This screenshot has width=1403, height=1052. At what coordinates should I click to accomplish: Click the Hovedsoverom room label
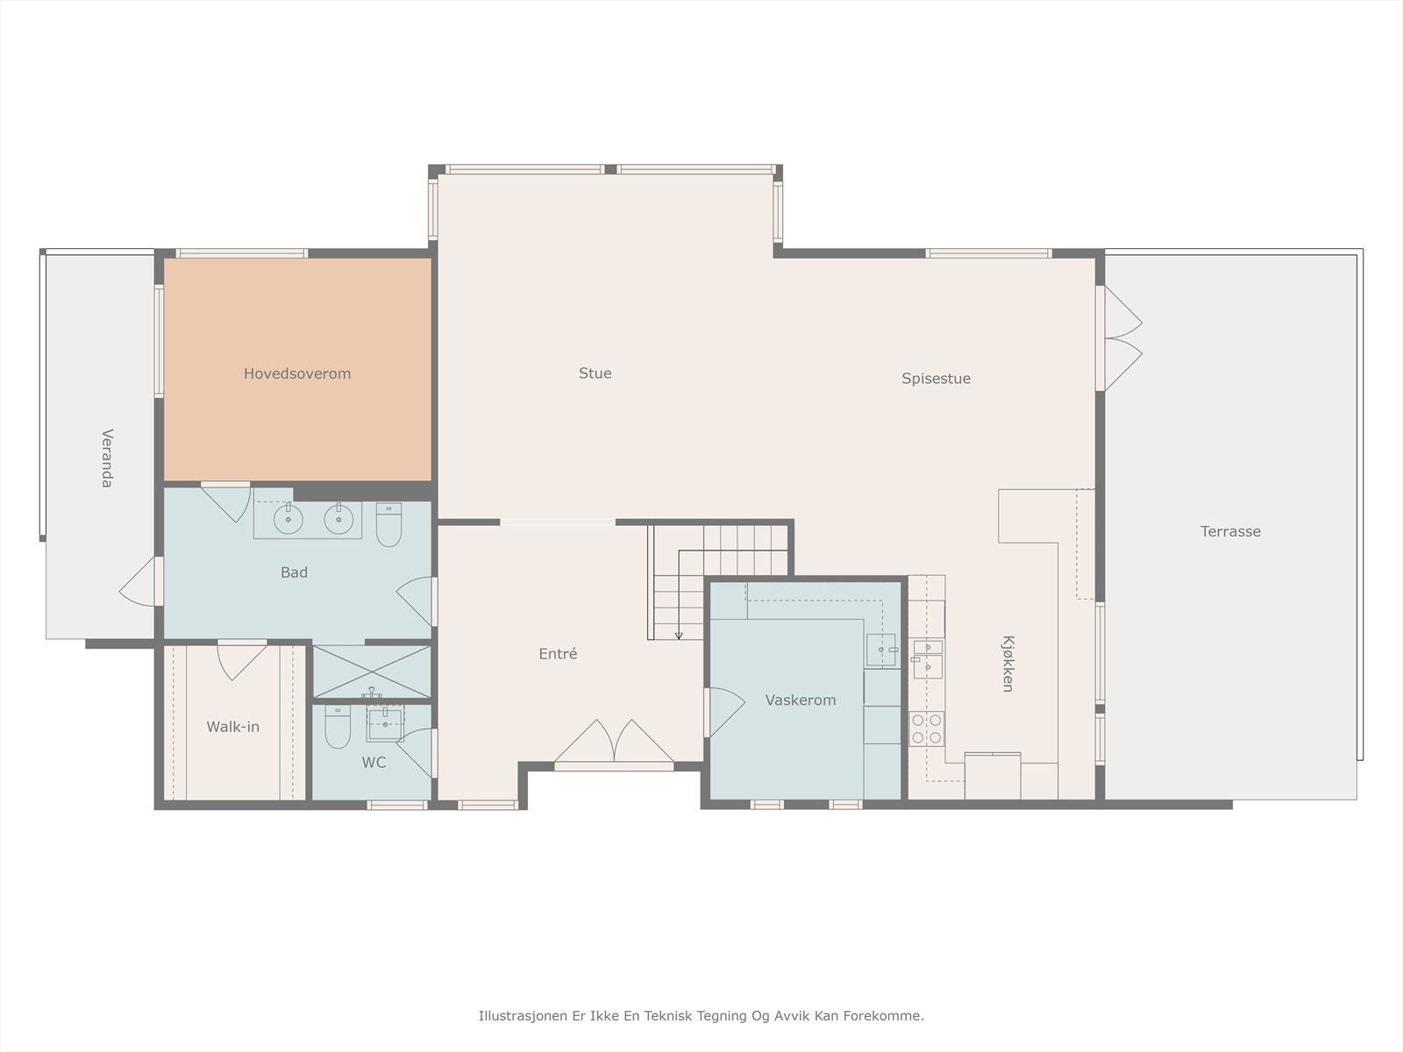pos(297,373)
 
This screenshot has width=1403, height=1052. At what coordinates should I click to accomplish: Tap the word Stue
pos(595,373)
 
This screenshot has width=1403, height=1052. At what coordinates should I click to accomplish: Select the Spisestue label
pos(936,379)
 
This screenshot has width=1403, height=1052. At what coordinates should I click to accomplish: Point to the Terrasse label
pos(1230,531)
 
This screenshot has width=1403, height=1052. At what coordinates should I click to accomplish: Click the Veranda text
pos(107,458)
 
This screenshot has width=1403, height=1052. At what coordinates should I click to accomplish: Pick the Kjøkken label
pos(1008,664)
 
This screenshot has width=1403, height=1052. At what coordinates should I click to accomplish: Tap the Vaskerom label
pos(801,700)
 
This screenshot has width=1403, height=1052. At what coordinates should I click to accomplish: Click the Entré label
pos(558,653)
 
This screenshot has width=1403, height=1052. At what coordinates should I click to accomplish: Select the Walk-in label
pos(232,726)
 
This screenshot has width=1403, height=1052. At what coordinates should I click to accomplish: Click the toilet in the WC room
pos(338,726)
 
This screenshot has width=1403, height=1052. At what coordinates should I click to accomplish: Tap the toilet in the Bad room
pos(388,524)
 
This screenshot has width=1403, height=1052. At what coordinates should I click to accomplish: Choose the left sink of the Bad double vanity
pos(288,518)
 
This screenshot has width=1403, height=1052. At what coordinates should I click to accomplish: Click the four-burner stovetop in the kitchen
pos(926,729)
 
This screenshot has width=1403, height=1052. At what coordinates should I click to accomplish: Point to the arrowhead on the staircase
pos(679,636)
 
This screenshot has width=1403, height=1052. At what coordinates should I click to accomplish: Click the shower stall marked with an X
pos(372,672)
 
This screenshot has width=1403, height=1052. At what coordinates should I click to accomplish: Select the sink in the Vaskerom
pos(881,650)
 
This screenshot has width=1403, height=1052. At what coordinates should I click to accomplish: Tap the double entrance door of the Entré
pos(614,743)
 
